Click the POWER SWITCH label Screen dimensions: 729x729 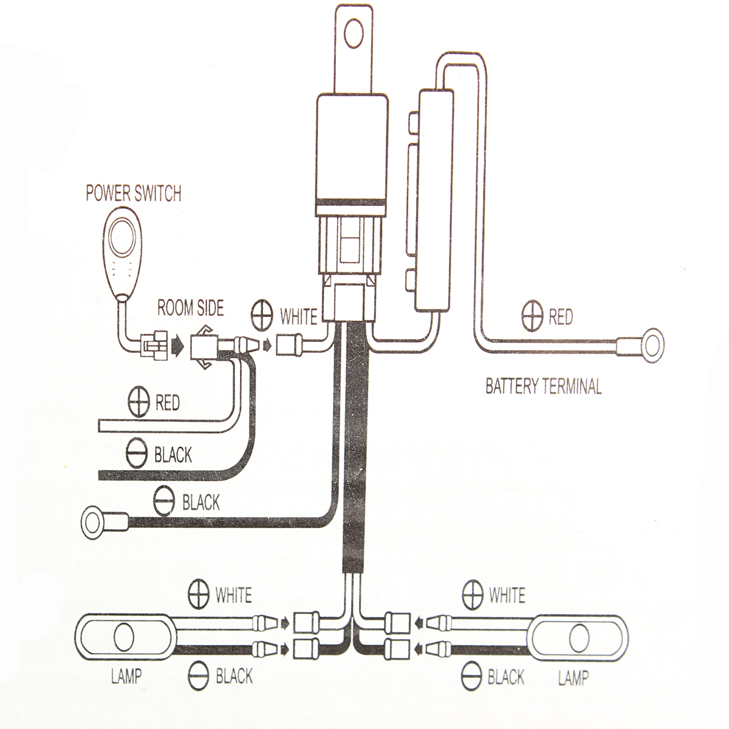tap(133, 194)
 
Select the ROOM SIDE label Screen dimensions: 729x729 tap(190, 308)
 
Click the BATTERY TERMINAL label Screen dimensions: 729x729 tap(543, 386)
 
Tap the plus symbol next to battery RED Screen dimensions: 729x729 tap(532, 317)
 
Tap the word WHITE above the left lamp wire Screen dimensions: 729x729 tap(233, 595)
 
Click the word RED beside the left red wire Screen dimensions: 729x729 tap(168, 403)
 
